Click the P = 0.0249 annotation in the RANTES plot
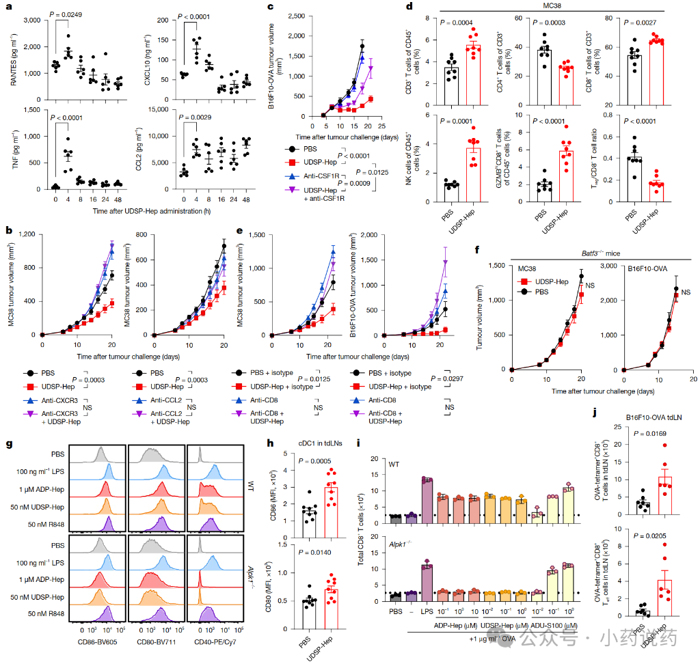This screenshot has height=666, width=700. click(73, 16)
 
